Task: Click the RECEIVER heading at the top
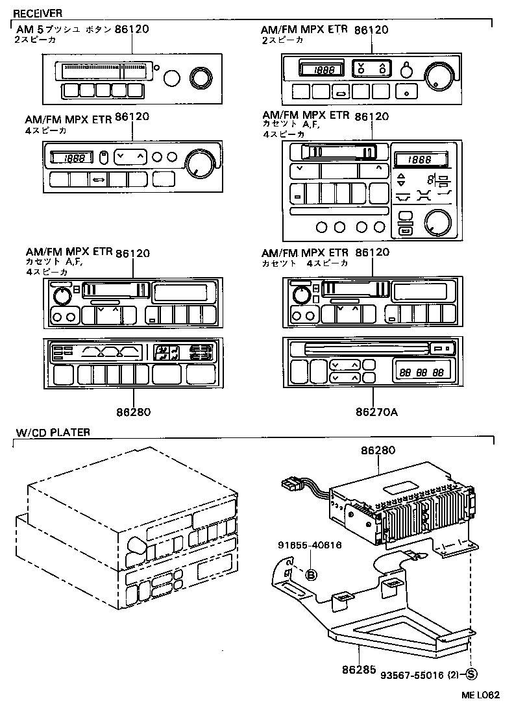tap(38, 13)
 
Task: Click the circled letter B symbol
tap(311, 574)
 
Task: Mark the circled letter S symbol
tap(472, 675)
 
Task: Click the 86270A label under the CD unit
tap(374, 411)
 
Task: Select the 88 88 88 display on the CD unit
tap(421, 373)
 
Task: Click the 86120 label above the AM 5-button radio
tap(132, 30)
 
